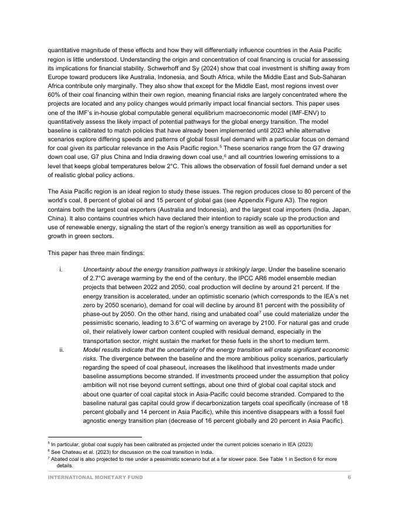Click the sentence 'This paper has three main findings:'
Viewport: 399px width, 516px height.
(96, 253)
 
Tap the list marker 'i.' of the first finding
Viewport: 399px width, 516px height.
(61, 269)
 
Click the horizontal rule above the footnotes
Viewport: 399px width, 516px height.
(94, 437)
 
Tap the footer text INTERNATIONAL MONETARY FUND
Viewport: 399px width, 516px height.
(95, 478)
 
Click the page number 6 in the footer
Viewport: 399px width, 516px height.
(349, 478)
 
